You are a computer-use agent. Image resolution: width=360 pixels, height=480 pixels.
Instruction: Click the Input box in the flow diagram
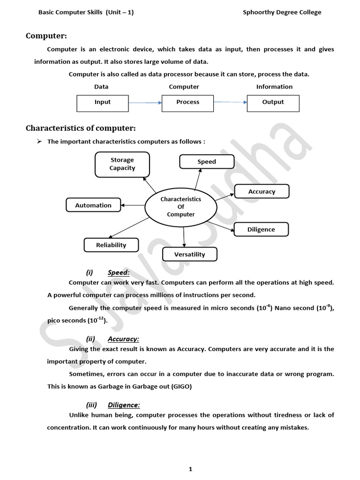pyautogui.click(x=102, y=102)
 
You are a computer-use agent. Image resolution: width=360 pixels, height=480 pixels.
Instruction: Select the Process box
pyautogui.click(x=187, y=102)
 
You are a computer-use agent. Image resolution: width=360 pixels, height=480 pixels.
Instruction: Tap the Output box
pyautogui.click(x=273, y=102)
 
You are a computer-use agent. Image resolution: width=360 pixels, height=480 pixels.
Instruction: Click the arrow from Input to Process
pyautogui.click(x=145, y=102)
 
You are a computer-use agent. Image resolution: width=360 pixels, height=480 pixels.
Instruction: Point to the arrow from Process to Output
pyautogui.click(x=230, y=102)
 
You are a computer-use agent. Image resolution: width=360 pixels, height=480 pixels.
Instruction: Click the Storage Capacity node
pyautogui.click(x=122, y=164)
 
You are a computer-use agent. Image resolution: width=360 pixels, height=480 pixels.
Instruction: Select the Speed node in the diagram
pyautogui.click(x=207, y=162)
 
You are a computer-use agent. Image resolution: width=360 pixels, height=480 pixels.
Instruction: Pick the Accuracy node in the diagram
pyautogui.click(x=262, y=191)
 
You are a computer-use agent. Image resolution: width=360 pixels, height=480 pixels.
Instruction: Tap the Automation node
pyautogui.click(x=93, y=205)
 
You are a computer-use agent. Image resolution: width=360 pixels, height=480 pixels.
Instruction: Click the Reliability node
pyautogui.click(x=111, y=245)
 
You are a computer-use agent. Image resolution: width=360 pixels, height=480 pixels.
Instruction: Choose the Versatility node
pyautogui.click(x=190, y=254)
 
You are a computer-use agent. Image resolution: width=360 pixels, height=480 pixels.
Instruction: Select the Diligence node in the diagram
pyautogui.click(x=261, y=230)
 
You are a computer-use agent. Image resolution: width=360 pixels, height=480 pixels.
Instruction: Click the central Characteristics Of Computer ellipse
pyautogui.click(x=180, y=207)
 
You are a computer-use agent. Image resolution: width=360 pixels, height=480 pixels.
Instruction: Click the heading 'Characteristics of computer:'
pyautogui.click(x=81, y=128)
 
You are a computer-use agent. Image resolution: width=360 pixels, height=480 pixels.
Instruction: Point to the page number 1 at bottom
pyautogui.click(x=190, y=469)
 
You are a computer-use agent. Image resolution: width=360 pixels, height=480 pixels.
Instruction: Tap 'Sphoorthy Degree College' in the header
pyautogui.click(x=282, y=13)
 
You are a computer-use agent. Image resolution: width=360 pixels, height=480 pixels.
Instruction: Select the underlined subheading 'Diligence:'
pyautogui.click(x=124, y=405)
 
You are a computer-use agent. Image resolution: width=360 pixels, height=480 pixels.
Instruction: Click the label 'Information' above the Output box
pyautogui.click(x=274, y=87)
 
